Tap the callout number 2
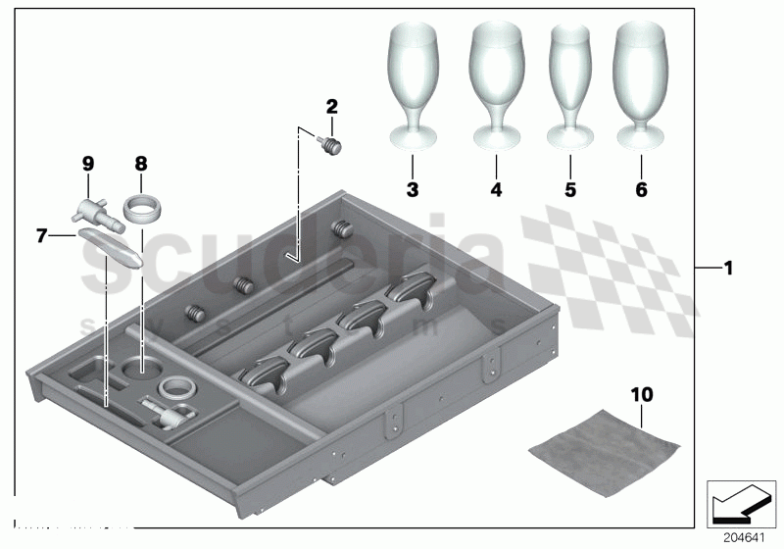[x=332, y=106]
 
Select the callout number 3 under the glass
[x=412, y=189]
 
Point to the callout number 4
[x=496, y=189]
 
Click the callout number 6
[x=641, y=189]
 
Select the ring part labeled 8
[x=141, y=210]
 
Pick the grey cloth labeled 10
[x=604, y=440]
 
